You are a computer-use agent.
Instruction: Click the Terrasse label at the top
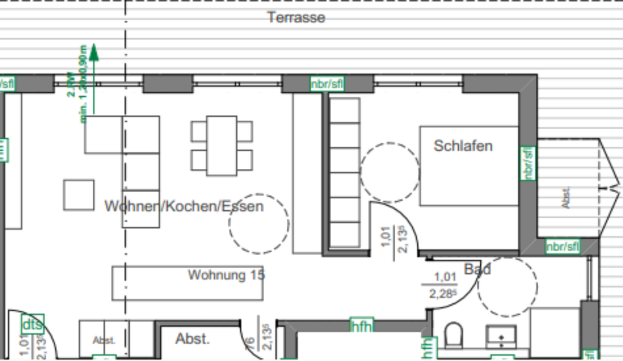[296, 18]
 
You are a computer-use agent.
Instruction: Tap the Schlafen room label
[463, 145]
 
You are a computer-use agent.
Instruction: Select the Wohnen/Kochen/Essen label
[184, 206]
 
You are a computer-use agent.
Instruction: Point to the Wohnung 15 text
[226, 275]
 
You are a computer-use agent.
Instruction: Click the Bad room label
[477, 268]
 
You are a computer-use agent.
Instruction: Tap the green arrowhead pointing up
[94, 52]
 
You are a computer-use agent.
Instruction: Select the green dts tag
[32, 323]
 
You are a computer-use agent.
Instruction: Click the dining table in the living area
[221, 145]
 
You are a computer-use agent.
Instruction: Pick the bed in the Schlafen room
[469, 166]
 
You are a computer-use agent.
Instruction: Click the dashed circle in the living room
[258, 223]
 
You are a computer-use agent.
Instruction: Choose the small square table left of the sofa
[79, 195]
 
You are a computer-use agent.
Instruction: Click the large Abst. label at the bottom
[192, 338]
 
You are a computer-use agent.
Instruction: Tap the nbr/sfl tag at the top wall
[326, 84]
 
